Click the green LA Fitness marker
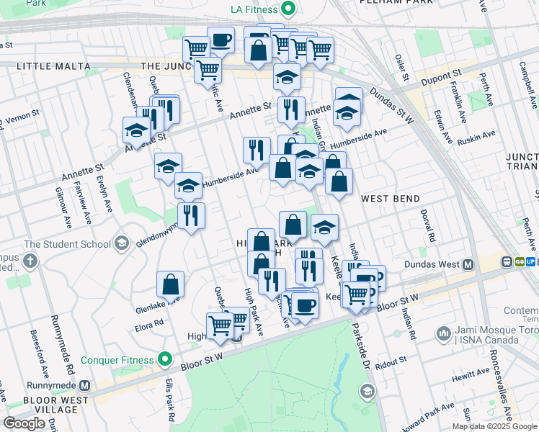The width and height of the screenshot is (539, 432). pyautogui.click(x=288, y=9)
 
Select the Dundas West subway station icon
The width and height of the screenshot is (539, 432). pyautogui.click(x=468, y=265)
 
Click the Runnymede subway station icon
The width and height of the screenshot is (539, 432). pyautogui.click(x=85, y=386)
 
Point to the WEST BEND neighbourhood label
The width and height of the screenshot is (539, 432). pyautogui.click(x=390, y=198)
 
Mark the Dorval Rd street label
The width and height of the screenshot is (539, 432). pyautogui.click(x=428, y=226)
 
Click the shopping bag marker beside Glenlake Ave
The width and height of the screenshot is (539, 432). pyautogui.click(x=171, y=285)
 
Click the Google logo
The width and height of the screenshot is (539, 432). pyautogui.click(x=24, y=423)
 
